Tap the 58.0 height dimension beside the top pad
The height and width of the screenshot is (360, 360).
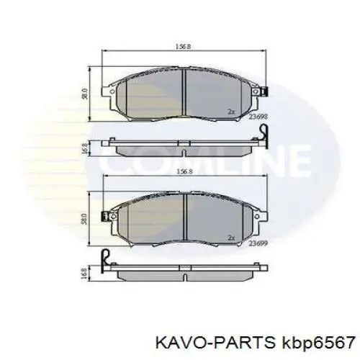pos(85,94)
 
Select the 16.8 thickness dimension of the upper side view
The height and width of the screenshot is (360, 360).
pos(85,148)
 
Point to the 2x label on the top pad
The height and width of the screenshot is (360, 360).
pos(231,111)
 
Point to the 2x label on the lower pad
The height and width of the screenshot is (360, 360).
pos(231,238)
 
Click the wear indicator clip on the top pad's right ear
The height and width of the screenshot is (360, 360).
pos(264,92)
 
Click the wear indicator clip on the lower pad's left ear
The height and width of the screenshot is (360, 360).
pos(105,215)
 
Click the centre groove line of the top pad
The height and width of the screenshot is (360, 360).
pos(184,94)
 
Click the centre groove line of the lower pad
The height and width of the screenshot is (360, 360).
pos(184,220)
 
